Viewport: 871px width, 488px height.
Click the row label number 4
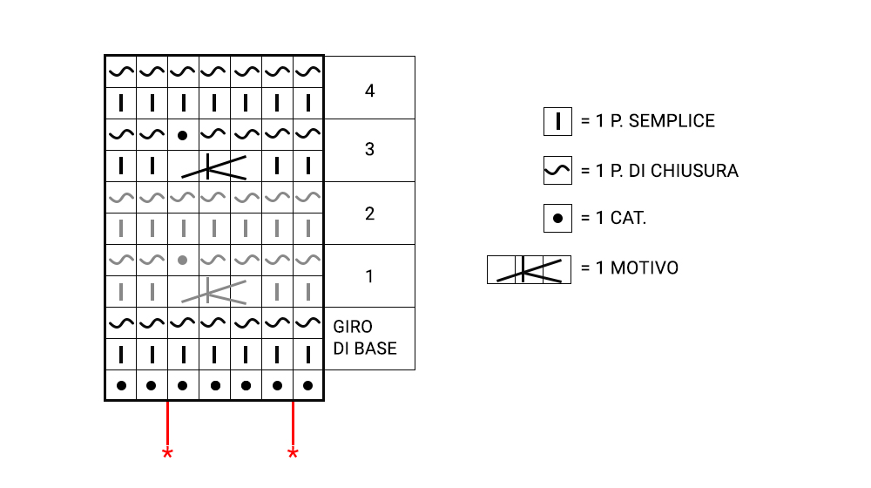click(x=370, y=89)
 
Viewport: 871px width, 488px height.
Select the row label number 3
click(x=370, y=150)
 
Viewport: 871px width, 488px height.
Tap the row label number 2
click(x=370, y=213)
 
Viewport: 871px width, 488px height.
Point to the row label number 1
click(x=370, y=276)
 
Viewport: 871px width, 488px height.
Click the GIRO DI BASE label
click(x=365, y=338)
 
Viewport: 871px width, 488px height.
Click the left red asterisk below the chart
click(x=167, y=453)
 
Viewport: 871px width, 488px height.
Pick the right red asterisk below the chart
click(x=293, y=453)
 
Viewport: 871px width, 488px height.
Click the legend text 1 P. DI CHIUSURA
click(x=659, y=171)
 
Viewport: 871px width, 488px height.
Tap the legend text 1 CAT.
click(x=614, y=218)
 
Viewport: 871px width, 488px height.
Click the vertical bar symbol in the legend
click(x=557, y=122)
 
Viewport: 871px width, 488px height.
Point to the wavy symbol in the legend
click(x=557, y=172)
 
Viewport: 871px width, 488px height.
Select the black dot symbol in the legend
click(x=557, y=218)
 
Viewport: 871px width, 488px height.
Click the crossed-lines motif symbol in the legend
click(x=529, y=269)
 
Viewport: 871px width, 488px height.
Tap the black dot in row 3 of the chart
click(x=182, y=135)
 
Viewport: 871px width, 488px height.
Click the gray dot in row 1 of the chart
click(x=182, y=260)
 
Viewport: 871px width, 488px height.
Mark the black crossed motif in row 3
click(x=214, y=166)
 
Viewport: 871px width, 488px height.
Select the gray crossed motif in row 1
click(x=214, y=291)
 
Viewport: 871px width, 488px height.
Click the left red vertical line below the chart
click(x=167, y=423)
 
